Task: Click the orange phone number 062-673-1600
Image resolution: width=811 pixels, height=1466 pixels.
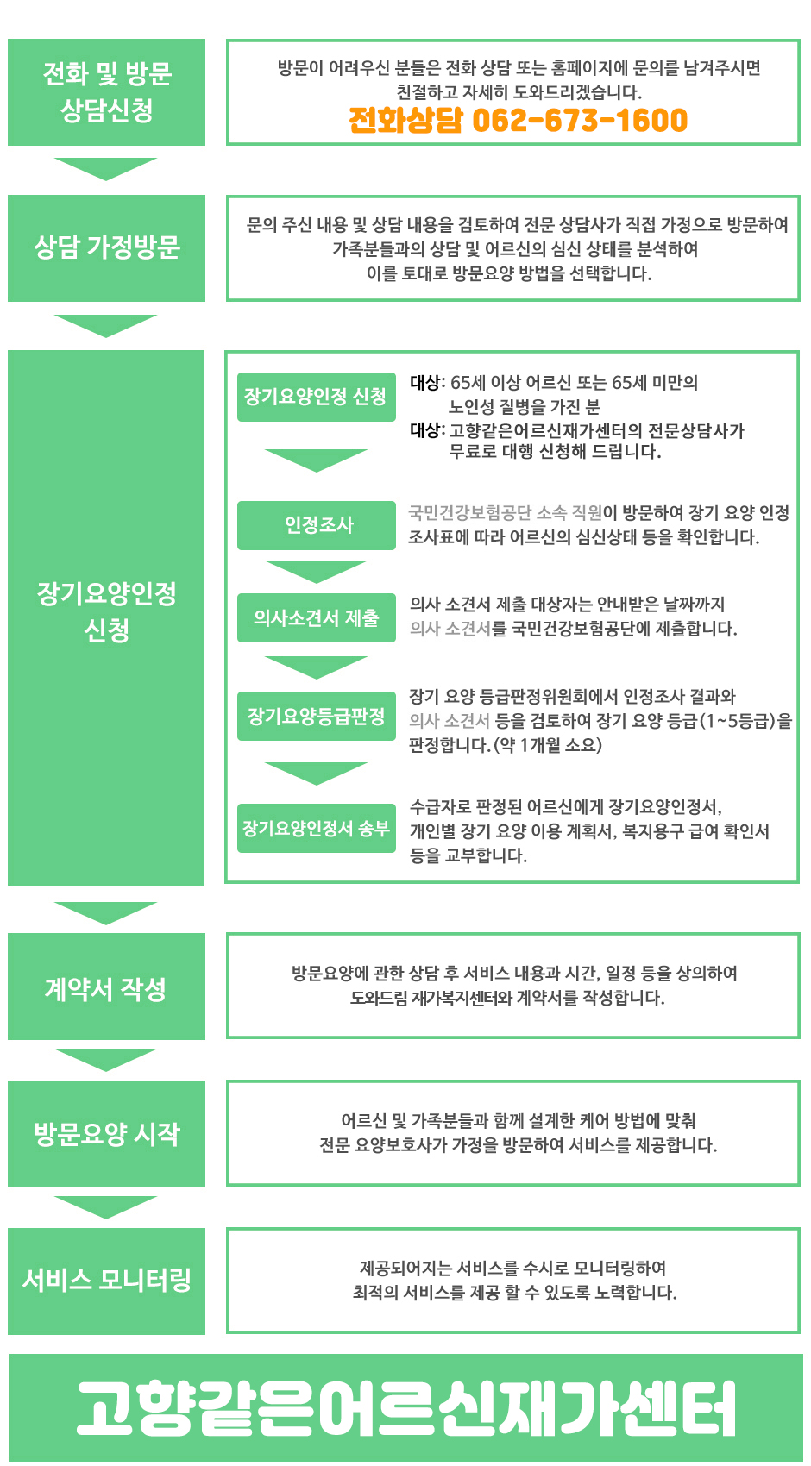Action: pos(580,121)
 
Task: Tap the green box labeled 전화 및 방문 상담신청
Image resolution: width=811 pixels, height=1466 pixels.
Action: pos(107,92)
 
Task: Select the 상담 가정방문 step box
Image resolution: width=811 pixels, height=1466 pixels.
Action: pos(107,248)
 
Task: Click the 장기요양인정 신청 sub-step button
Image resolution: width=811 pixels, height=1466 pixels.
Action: pos(316,397)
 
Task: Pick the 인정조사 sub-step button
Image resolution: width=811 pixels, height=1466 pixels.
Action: pos(316,525)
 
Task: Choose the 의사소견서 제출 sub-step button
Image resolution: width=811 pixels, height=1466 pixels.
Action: pos(316,617)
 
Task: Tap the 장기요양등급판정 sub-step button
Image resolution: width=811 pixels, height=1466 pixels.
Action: pos(316,716)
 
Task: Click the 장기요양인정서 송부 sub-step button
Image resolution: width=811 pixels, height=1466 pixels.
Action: pos(316,828)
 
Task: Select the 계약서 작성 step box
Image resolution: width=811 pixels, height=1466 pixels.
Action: pos(107,987)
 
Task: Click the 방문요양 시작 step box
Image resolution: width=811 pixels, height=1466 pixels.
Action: pos(107,1133)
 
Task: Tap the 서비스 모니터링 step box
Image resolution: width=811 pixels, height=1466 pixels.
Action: pos(107,1281)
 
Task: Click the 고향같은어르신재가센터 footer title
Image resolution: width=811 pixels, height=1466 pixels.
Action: pos(405,1408)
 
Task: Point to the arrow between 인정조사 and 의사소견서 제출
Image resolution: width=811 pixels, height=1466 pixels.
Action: pos(316,571)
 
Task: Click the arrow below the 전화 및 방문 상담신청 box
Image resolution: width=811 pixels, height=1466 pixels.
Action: pos(105,168)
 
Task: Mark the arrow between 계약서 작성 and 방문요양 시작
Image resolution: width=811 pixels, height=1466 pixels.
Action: pos(105,1059)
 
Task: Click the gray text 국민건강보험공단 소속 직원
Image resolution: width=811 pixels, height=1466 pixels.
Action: pos(506,512)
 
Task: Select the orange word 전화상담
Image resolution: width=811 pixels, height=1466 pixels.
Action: pos(405,121)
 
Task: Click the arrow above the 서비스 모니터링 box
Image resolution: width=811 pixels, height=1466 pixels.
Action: pos(105,1207)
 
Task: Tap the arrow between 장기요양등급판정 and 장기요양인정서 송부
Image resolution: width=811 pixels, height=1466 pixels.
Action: pos(316,773)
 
